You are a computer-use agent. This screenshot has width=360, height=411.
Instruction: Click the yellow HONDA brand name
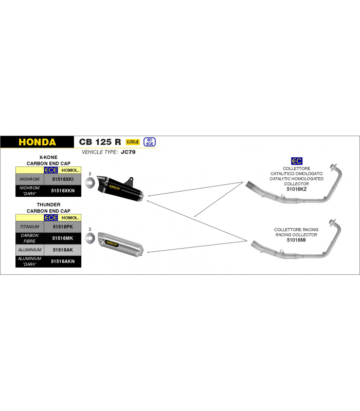click(x=37, y=142)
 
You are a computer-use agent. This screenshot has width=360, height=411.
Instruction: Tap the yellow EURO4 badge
click(x=133, y=142)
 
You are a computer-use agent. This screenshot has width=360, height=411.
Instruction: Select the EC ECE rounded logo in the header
click(x=150, y=142)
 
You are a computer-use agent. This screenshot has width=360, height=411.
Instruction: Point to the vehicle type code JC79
click(x=128, y=152)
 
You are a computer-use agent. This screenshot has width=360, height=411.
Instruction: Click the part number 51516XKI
click(x=63, y=179)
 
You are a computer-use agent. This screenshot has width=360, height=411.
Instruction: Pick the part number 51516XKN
click(x=63, y=191)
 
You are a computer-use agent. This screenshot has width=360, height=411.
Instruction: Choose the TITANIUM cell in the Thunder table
click(x=30, y=227)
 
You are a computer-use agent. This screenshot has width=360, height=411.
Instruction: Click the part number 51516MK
click(x=63, y=238)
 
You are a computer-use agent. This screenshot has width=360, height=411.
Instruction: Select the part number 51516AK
click(x=63, y=250)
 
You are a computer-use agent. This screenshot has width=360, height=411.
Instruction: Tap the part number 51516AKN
click(x=63, y=261)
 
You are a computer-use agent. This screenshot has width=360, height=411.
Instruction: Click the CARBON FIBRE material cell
click(x=30, y=238)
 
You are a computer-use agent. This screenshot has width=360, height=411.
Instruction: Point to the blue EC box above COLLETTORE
click(x=297, y=161)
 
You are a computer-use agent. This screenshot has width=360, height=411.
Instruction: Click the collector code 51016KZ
click(x=297, y=189)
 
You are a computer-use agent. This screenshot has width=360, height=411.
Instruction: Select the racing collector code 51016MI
click(x=296, y=240)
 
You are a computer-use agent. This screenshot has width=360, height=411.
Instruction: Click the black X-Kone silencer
click(x=120, y=188)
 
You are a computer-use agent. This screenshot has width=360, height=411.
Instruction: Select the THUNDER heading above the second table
click(x=48, y=204)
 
